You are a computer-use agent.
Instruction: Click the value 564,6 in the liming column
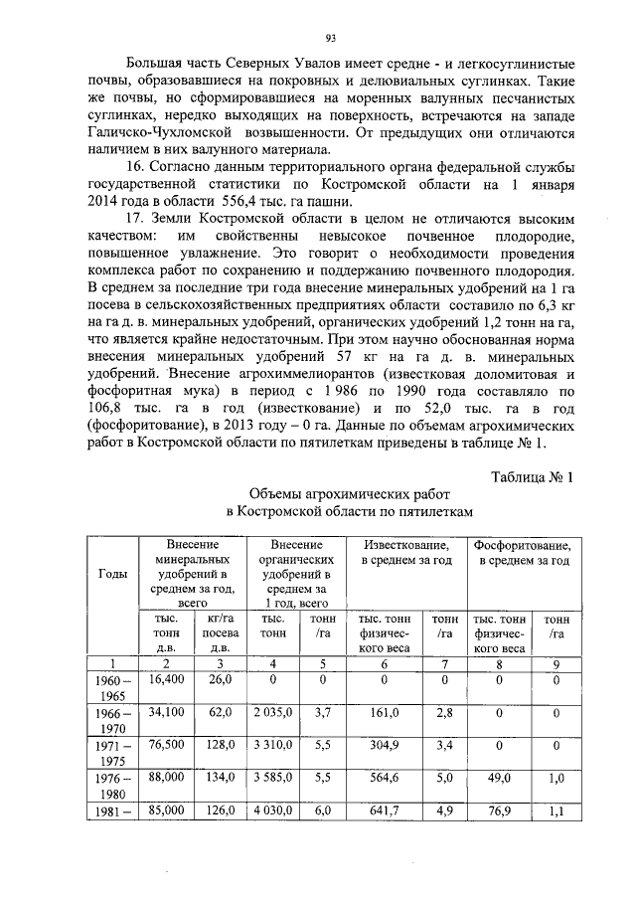pyautogui.click(x=384, y=779)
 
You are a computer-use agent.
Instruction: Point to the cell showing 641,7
pyautogui.click(x=384, y=811)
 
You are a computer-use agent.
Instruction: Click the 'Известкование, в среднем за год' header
pyautogui.click(x=405, y=553)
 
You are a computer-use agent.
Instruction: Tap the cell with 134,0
pyautogui.click(x=219, y=779)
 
